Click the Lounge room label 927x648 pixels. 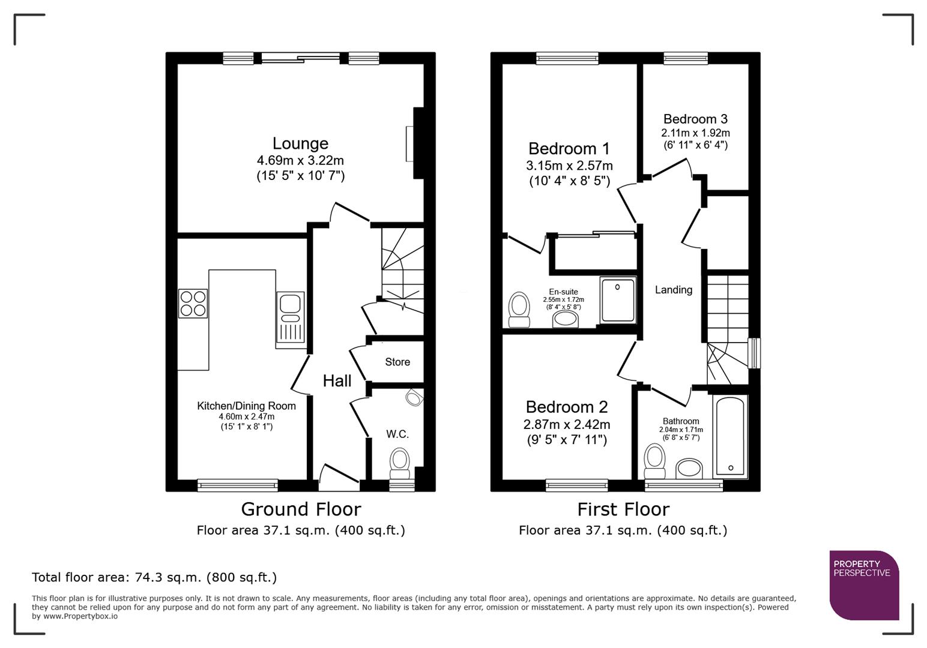pos(300,143)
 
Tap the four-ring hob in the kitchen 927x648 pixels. pos(193,303)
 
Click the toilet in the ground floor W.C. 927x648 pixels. pos(399,462)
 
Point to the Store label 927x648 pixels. pos(397,362)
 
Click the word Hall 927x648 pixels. pos(337,380)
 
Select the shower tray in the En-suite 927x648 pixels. pos(618,301)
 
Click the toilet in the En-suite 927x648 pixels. pos(519,309)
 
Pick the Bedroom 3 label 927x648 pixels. pos(695,119)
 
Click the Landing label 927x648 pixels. pos(673,290)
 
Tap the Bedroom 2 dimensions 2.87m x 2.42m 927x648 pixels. pos(566,425)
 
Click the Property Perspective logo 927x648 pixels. pos(864,585)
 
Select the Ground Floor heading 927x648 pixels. pos(301,509)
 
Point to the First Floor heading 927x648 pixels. pos(623,509)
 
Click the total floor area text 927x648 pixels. pos(154,577)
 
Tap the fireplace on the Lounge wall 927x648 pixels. pos(411,143)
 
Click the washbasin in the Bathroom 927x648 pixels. pos(689,469)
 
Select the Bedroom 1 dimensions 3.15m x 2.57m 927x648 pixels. pos(569,166)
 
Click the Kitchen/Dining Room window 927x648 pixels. pos(238,484)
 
